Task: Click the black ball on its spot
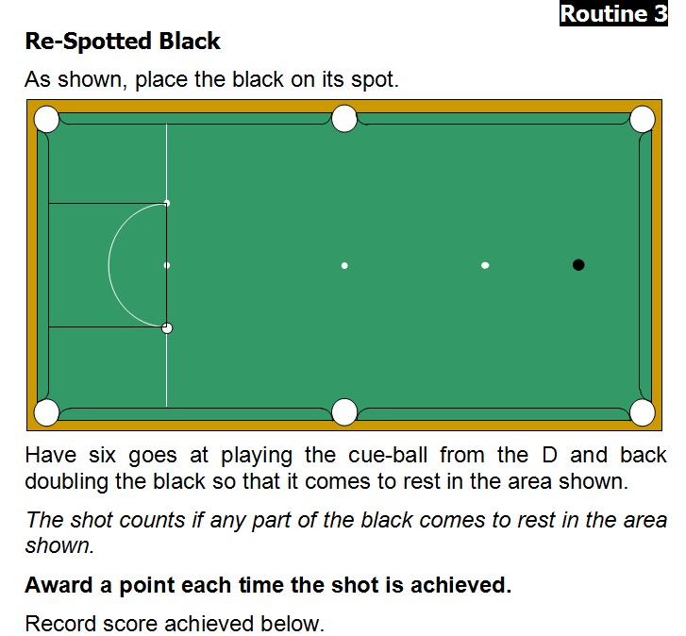[578, 264]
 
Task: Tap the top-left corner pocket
[46, 119]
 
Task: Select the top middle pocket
[344, 119]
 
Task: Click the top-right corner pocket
[643, 119]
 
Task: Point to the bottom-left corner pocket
[46, 412]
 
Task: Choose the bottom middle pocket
[344, 411]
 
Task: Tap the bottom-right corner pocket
[643, 412]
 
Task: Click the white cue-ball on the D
[167, 328]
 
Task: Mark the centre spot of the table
[344, 265]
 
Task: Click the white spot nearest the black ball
[485, 265]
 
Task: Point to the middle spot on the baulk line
[167, 265]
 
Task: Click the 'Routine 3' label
[613, 14]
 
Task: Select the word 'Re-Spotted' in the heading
[89, 42]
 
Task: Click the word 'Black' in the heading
[190, 42]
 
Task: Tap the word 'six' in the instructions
[102, 456]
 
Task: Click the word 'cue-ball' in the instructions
[388, 456]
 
